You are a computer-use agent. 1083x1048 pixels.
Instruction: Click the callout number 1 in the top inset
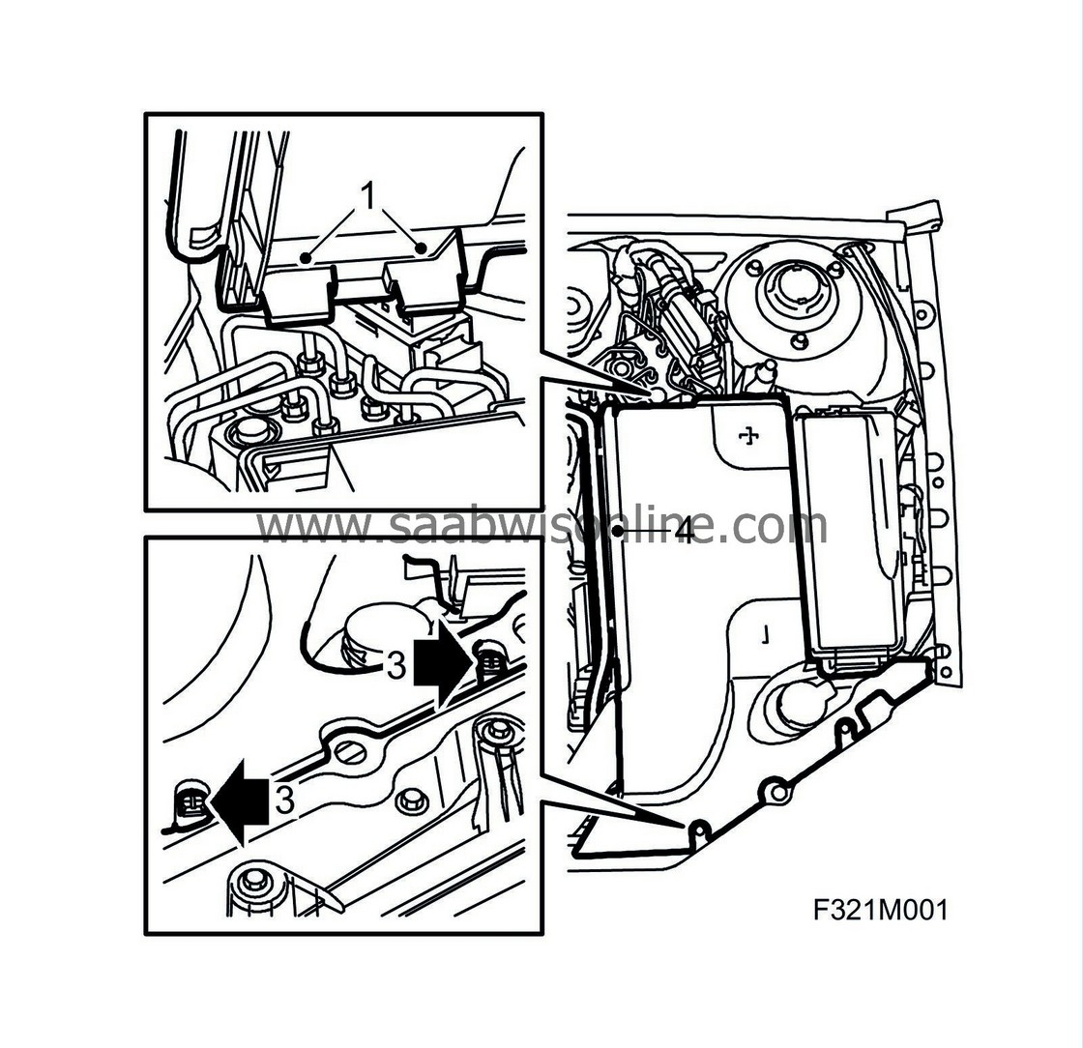[368, 195]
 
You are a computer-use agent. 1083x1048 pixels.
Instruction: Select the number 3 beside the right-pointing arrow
[395, 666]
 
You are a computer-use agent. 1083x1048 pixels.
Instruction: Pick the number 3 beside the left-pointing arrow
[285, 800]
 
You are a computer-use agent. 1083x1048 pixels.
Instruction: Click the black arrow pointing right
[444, 662]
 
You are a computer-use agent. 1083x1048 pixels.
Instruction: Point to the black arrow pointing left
[239, 801]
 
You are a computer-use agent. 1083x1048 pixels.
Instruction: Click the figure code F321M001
[880, 910]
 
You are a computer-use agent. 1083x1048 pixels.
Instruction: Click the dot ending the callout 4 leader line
[616, 531]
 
